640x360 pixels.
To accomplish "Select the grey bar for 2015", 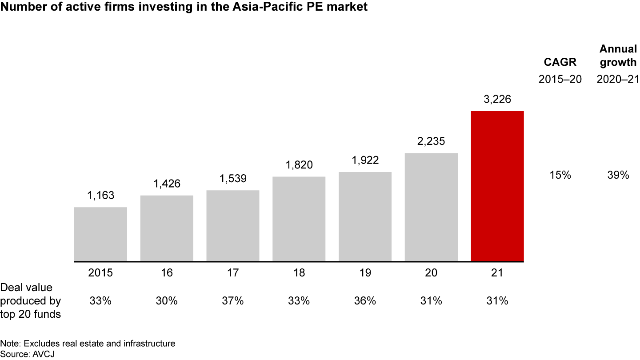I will [100, 234].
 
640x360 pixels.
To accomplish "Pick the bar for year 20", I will [431, 207].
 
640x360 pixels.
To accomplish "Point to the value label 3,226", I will [497, 100].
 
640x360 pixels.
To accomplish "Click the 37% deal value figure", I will [233, 301].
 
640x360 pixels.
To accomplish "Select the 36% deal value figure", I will [365, 301].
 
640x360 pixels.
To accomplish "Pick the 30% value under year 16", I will [167, 301].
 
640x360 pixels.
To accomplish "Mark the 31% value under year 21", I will [497, 301].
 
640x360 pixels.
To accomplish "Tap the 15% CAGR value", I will [560, 175].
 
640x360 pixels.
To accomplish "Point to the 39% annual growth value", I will [618, 175].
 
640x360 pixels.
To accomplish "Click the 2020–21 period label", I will [618, 80].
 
